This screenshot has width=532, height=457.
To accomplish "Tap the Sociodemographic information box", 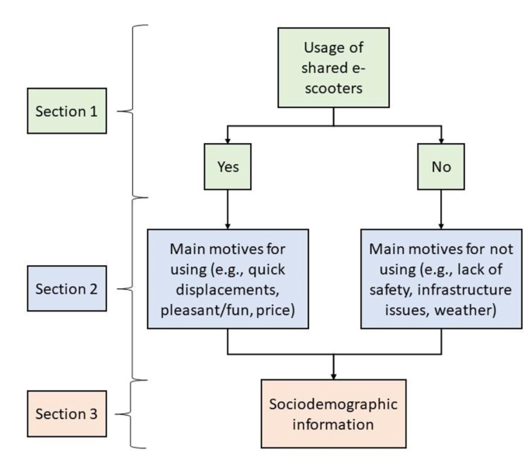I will pyautogui.click(x=333, y=414).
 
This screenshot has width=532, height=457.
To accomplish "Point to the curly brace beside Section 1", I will pyautogui.click(x=133, y=111).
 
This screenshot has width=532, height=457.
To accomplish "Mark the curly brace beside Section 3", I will pyautogui.click(x=133, y=413).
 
